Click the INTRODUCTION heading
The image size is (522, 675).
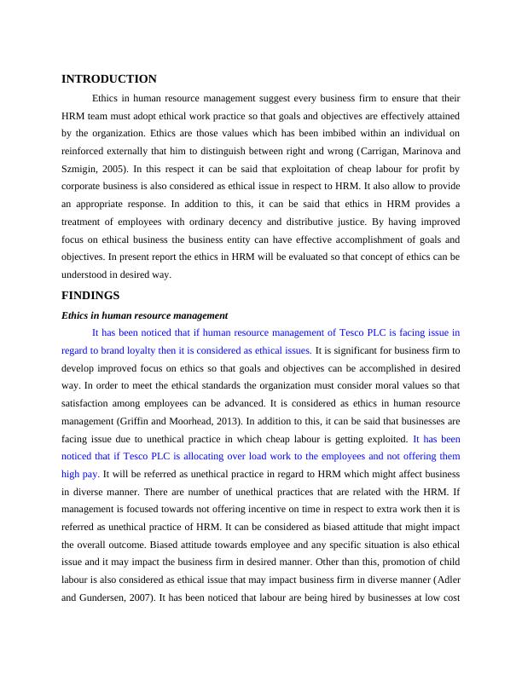[x=109, y=79]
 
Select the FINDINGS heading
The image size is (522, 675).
[x=90, y=296]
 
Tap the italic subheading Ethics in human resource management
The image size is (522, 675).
[x=144, y=315]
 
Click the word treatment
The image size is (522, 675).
[x=84, y=222]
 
